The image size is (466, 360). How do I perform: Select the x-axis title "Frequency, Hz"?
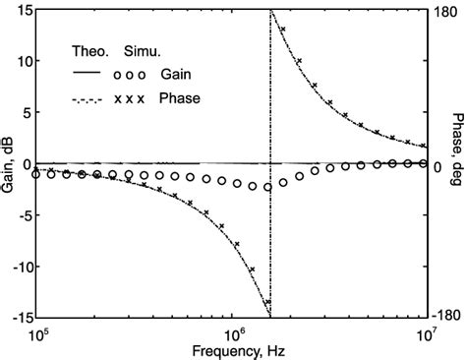(x=233, y=350)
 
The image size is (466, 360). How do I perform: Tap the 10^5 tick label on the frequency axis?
(x=37, y=334)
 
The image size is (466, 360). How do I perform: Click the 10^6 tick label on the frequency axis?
(x=232, y=334)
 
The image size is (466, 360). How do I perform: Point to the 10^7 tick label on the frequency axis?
(x=427, y=334)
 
